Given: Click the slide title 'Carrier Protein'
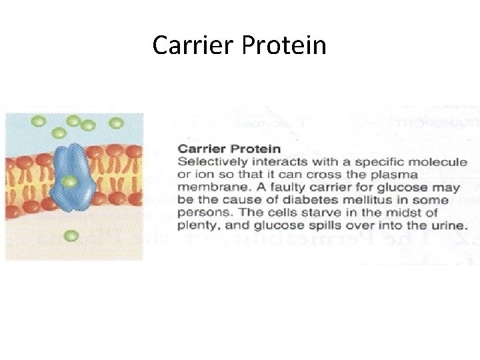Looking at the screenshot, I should tap(239, 45).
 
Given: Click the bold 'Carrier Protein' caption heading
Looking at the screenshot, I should tap(229, 149).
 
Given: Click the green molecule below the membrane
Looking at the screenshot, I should tap(71, 235).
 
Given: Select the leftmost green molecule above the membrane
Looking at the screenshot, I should tap(39, 121).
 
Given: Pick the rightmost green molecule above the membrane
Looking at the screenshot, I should tap(116, 123).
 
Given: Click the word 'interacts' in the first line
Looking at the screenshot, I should tap(267, 162).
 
